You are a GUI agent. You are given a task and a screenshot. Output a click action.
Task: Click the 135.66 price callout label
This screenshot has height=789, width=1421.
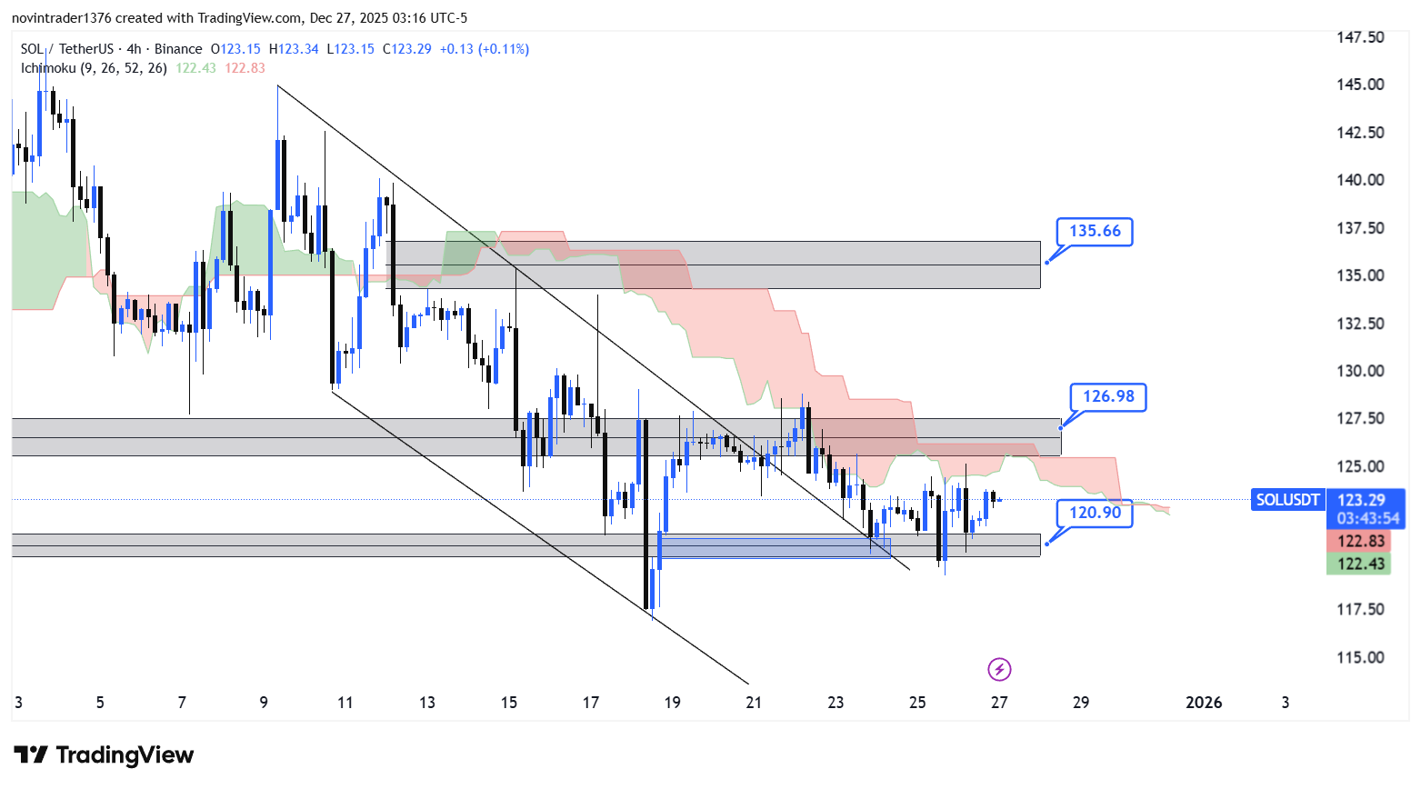tap(1095, 231)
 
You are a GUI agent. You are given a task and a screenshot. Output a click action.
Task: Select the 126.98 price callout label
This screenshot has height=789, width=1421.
tap(1108, 396)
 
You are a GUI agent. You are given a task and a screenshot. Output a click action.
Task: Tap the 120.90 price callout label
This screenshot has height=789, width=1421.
tap(1095, 513)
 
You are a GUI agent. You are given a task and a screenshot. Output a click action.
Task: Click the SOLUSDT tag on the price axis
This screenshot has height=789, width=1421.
tap(1287, 500)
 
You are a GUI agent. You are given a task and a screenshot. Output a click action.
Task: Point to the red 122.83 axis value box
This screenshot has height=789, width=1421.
tap(1360, 541)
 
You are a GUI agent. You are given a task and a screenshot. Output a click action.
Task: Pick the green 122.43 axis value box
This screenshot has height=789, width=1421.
tap(1360, 564)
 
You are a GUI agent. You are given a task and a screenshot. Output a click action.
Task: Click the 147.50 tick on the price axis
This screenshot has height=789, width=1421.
tap(1360, 37)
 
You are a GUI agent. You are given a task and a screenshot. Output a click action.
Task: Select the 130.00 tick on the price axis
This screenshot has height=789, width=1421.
tap(1360, 371)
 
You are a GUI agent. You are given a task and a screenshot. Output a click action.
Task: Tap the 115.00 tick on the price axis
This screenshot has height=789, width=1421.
tap(1360, 657)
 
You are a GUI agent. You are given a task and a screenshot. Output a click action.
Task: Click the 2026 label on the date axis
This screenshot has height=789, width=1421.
tap(1204, 703)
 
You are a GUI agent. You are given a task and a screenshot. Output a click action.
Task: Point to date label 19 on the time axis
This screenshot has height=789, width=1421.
tap(672, 703)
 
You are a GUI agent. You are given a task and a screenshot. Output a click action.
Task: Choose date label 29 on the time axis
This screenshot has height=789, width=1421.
tap(1081, 703)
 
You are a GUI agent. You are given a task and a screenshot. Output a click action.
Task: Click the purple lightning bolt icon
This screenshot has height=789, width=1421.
tap(999, 670)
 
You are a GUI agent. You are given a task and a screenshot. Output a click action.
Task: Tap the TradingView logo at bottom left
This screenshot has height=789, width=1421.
tap(105, 755)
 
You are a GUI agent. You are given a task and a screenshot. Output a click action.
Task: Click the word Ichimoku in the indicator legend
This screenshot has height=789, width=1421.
tap(49, 68)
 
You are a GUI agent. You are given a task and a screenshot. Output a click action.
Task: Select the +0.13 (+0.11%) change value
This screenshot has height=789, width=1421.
tap(484, 49)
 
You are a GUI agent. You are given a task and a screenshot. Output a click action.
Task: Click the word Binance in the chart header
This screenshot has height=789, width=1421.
tap(178, 49)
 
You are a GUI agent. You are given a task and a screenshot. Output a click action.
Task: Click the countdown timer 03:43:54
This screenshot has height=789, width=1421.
tap(1367, 518)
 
